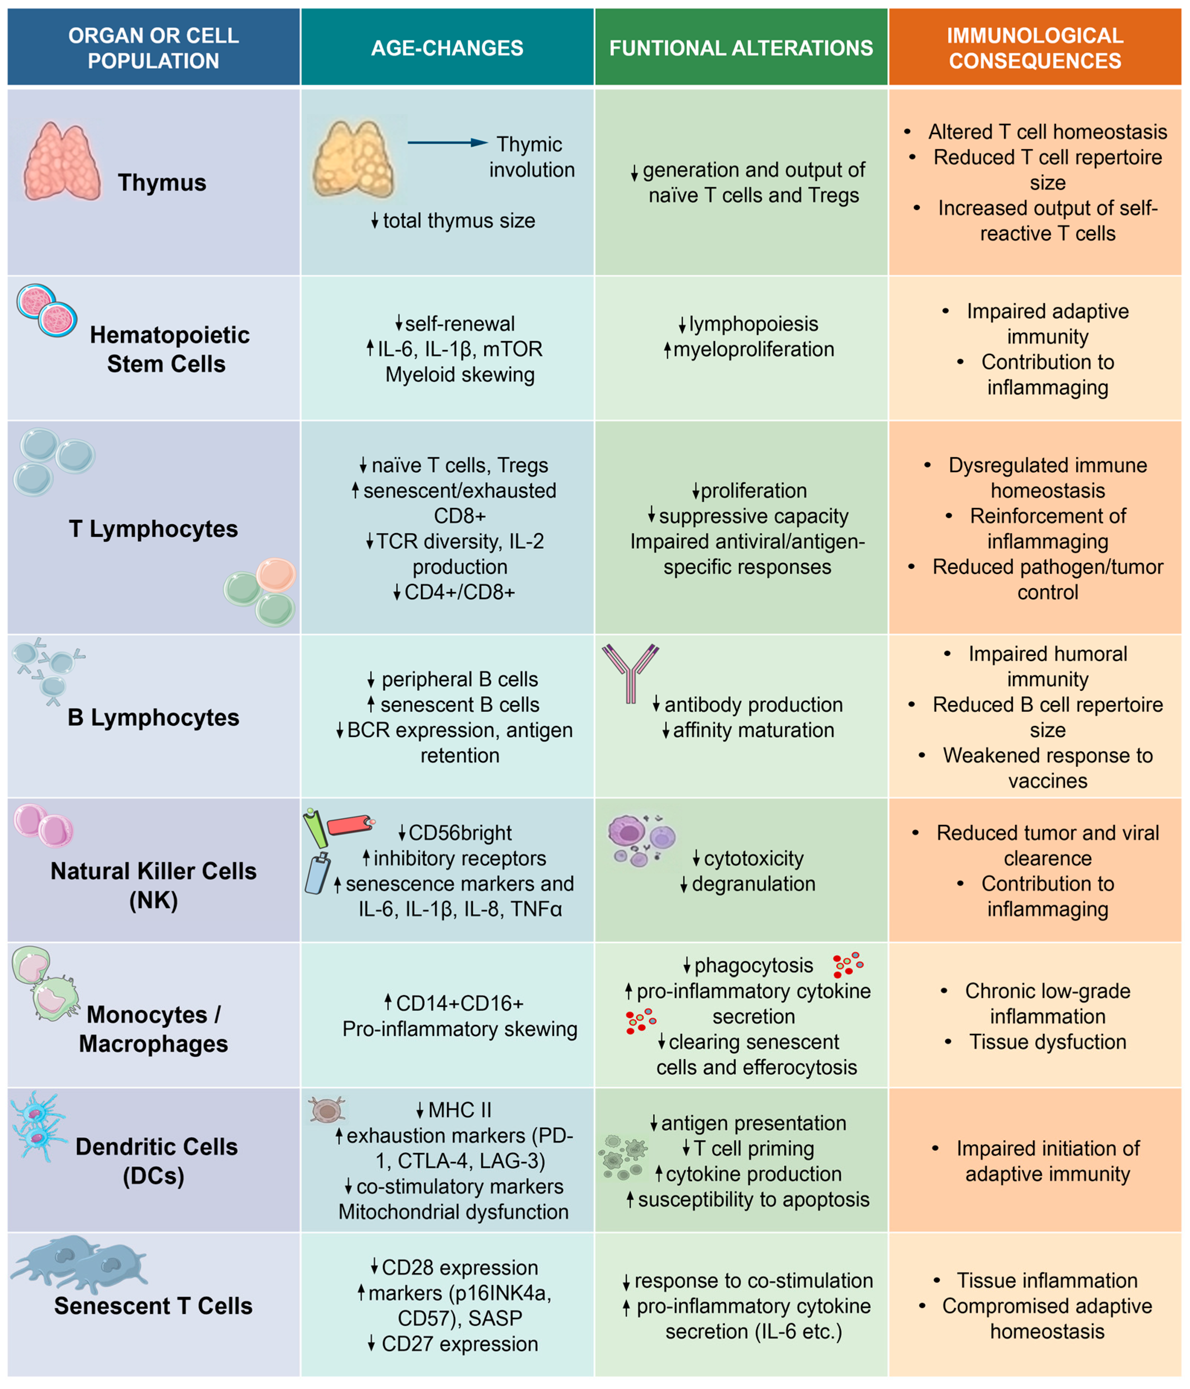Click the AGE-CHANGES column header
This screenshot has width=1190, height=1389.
coord(447,48)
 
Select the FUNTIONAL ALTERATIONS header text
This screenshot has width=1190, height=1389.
coord(741,48)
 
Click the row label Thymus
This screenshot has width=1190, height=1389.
coord(162,183)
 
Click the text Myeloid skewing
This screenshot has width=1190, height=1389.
coord(460,375)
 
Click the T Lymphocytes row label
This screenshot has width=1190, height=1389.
coord(153,529)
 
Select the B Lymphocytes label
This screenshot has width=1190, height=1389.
coord(153,717)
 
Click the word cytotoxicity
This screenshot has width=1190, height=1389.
coord(753,859)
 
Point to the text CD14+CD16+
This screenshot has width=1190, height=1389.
coord(460,1004)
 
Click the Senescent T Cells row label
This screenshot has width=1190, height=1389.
coord(153,1306)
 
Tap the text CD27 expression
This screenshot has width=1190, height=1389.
coord(460,1344)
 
